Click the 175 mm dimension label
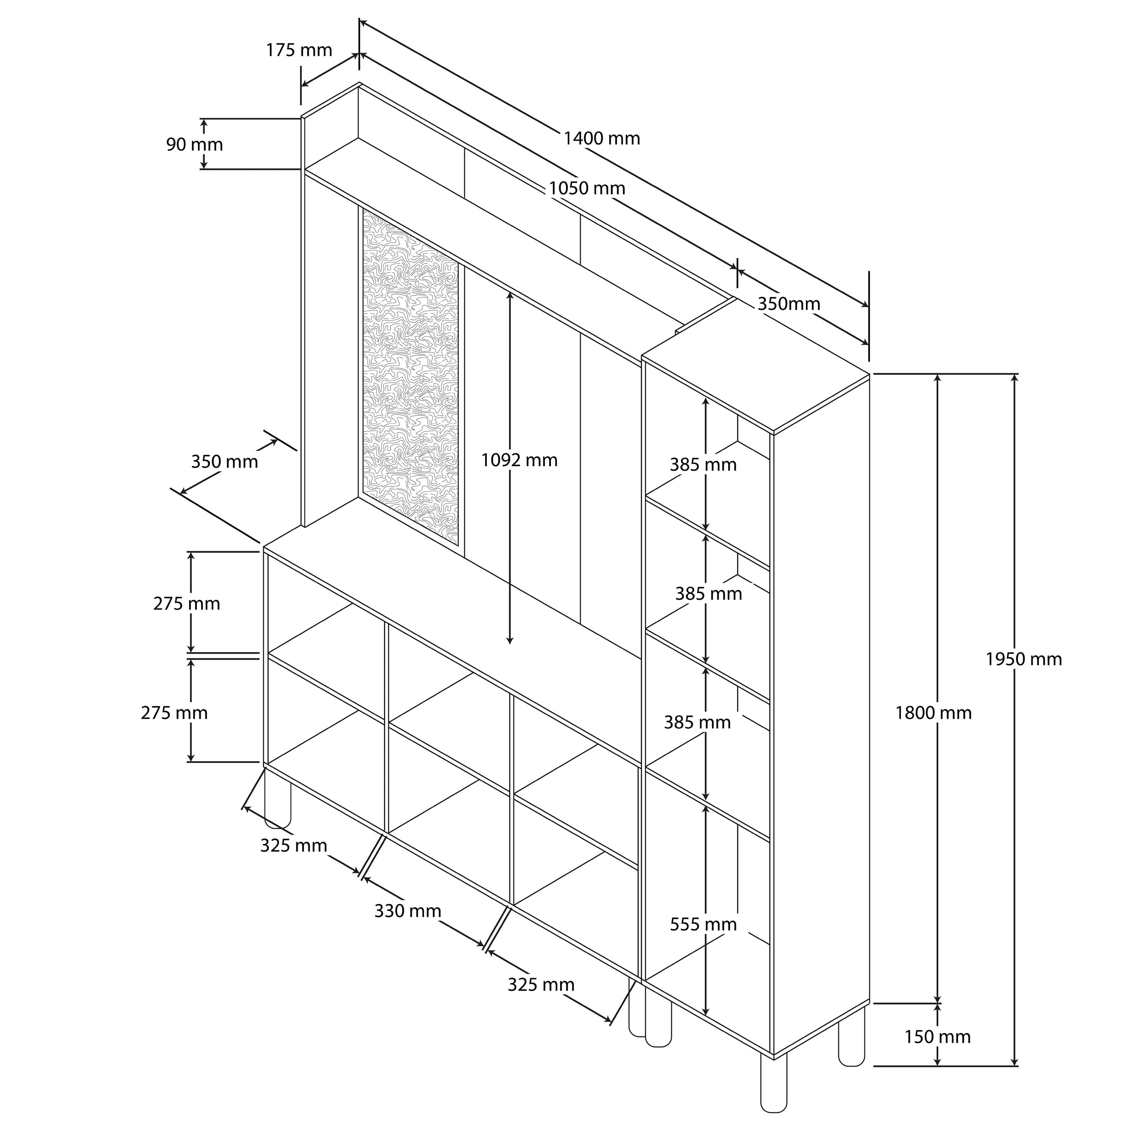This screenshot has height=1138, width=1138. point(299,51)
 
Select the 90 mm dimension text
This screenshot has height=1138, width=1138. point(194,144)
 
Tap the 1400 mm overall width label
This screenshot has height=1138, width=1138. point(601,138)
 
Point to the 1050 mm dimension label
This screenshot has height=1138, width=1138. point(587,188)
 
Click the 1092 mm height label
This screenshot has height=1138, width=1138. point(519,460)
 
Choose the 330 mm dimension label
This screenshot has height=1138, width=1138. point(408,911)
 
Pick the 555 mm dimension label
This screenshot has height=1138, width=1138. point(703,924)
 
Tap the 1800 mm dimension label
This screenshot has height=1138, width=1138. point(933,713)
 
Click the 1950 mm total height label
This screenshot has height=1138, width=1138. point(1024,659)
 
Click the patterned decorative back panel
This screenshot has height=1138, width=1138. point(410,377)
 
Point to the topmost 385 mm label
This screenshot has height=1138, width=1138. point(703,465)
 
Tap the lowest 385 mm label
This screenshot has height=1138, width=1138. point(698,722)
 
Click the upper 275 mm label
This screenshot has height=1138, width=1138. point(187,604)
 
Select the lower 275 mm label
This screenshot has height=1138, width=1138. point(174,713)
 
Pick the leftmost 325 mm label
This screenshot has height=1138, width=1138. point(293,845)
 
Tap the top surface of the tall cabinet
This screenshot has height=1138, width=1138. point(757,365)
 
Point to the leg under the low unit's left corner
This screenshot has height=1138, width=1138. point(277,798)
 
